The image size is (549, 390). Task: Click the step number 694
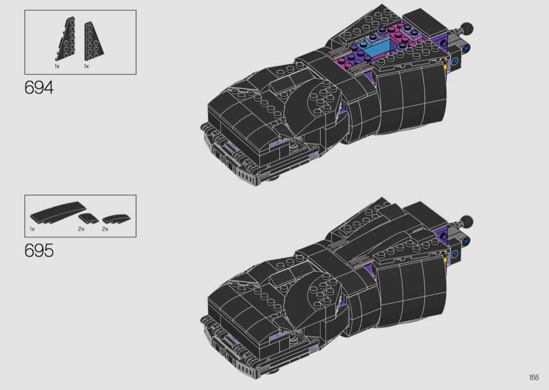tap(39, 87)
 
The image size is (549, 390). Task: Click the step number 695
tap(39, 250)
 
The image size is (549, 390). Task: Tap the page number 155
tap(534, 377)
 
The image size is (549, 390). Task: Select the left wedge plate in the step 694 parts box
tap(66, 39)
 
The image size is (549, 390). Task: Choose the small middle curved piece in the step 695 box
tap(88, 218)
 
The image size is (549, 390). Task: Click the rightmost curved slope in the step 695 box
tap(116, 219)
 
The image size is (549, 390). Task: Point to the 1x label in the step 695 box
tap(32, 229)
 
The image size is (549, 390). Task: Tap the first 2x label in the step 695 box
tap(81, 229)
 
